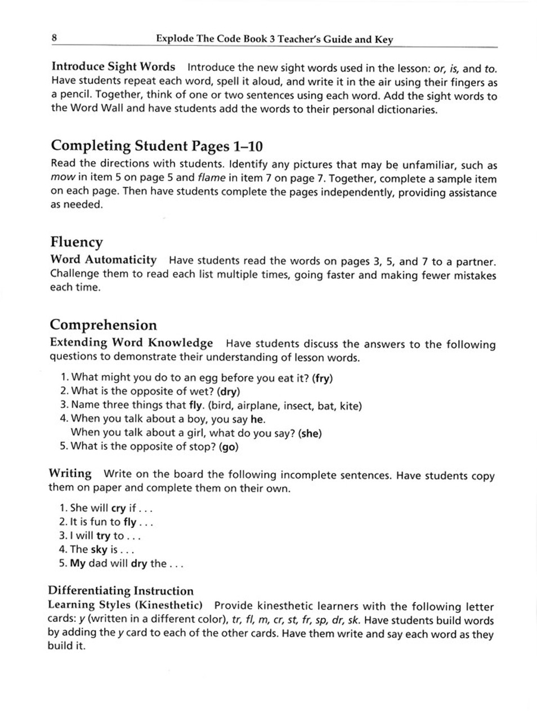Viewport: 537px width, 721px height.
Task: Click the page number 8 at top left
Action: coord(54,38)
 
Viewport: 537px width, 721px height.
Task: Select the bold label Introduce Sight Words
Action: coord(113,67)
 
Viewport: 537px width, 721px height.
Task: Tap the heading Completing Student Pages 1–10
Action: coord(157,146)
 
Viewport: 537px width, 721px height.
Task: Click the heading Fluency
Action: coord(77,242)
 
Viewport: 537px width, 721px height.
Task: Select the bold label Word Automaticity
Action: coord(104,260)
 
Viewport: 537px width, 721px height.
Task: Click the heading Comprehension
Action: coord(103,325)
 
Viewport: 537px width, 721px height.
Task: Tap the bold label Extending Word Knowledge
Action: coord(131,342)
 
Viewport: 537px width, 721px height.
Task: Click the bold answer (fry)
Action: coord(322,378)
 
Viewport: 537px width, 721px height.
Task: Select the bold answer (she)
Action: coord(310,433)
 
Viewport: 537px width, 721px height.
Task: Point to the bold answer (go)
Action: coord(229,447)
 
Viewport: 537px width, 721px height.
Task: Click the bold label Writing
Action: coord(70,473)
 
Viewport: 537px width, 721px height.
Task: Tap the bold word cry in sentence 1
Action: coord(119,508)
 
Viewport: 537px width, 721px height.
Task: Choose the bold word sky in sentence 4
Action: coord(99,550)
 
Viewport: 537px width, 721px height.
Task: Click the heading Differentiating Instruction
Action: coord(120,591)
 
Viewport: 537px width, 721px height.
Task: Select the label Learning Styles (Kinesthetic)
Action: coord(125,606)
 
